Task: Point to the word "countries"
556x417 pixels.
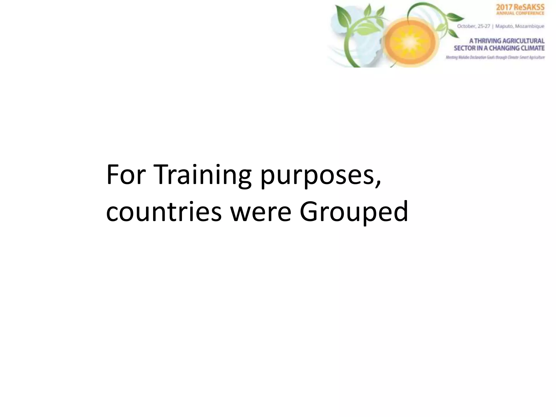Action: [x=164, y=212]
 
